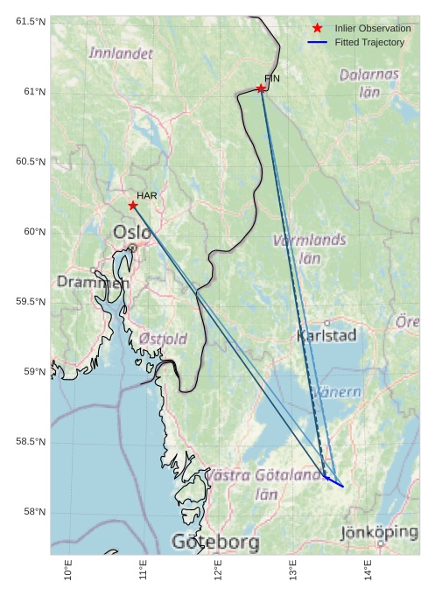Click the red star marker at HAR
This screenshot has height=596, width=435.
[x=133, y=206]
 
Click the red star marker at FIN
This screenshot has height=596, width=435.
[x=261, y=88]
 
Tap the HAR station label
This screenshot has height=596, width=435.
[x=146, y=195]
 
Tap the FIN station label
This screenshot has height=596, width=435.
[x=271, y=79]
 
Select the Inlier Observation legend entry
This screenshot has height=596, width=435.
[x=372, y=29]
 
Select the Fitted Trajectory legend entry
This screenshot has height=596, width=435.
[x=369, y=42]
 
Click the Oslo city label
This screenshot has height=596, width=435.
[x=132, y=232]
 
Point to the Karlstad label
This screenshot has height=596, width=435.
[x=326, y=335]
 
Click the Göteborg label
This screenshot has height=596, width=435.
[x=215, y=543]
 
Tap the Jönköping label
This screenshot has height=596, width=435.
[x=379, y=531]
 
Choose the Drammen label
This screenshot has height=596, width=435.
[x=93, y=282]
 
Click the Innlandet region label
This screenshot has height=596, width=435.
[x=121, y=53]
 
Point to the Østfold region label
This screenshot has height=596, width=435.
[x=163, y=339]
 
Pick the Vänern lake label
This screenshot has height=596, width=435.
[x=337, y=392]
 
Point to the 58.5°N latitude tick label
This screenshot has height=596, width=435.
[x=31, y=442]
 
